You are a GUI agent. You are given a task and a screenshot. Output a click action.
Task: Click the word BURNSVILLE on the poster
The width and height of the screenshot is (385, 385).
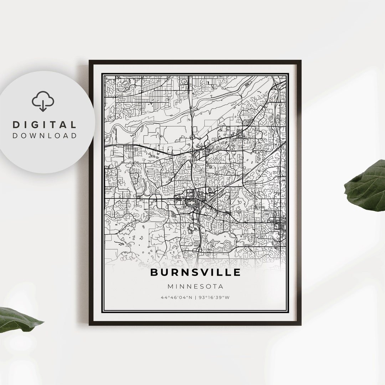195,272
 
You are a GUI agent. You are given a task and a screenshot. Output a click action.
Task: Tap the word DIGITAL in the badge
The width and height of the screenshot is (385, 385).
45,125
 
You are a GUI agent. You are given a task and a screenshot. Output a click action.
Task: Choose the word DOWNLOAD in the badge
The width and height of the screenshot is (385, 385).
45,135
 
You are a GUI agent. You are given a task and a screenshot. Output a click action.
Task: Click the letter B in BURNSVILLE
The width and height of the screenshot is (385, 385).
154,272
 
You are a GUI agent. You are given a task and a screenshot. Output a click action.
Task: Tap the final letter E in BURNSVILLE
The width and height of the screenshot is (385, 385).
237,272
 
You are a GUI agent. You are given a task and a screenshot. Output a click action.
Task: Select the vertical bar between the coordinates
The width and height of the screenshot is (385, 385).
195,297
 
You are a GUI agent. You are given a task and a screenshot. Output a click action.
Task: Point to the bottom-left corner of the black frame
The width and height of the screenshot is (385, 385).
90,324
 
